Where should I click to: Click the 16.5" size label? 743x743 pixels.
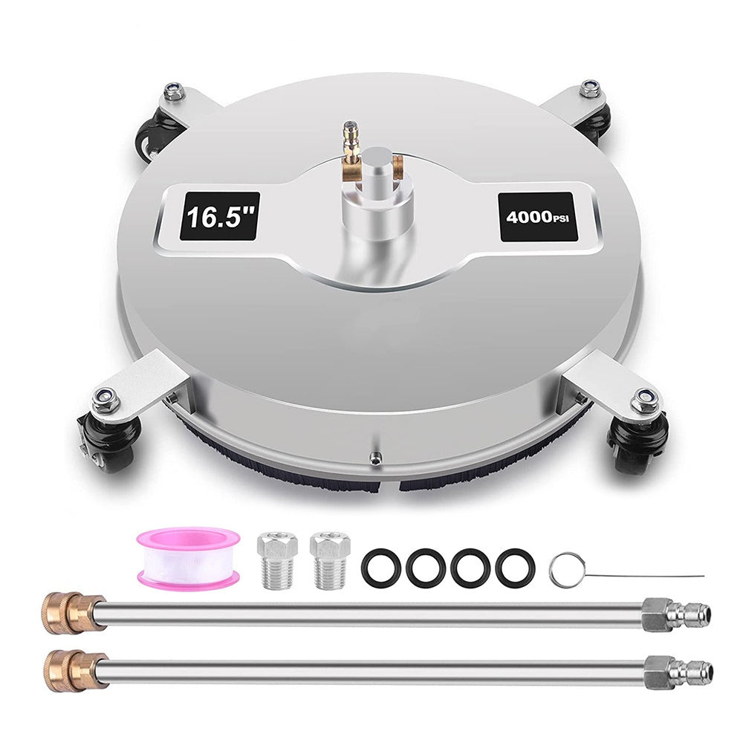(221, 216)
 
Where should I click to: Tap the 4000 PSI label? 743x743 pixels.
(537, 217)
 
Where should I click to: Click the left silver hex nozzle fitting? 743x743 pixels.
(277, 560)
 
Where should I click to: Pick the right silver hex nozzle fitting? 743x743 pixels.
(330, 560)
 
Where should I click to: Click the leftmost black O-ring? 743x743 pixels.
(380, 567)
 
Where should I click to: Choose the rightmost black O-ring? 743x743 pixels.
(515, 567)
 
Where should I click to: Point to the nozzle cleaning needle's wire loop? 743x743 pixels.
(565, 570)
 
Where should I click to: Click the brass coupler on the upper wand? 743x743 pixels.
(73, 613)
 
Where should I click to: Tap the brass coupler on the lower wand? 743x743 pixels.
(75, 669)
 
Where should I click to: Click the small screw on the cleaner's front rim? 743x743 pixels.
(374, 457)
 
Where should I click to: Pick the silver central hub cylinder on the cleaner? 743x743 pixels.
(374, 194)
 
